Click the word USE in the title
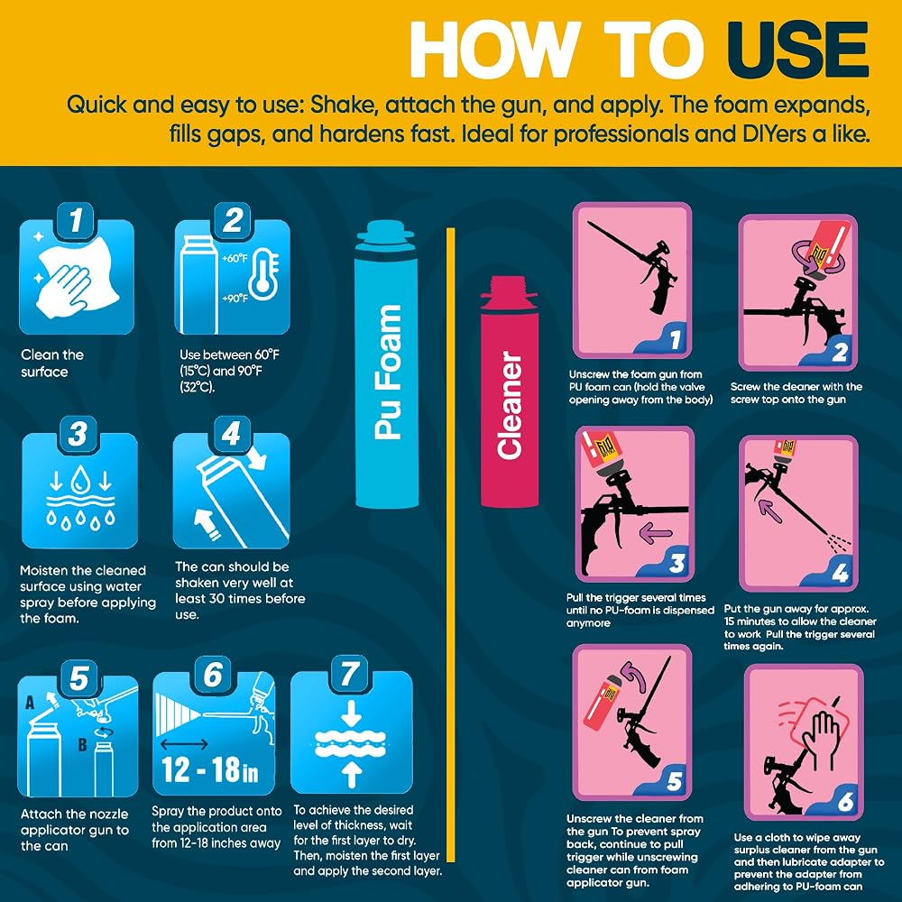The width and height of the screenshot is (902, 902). coord(797,50)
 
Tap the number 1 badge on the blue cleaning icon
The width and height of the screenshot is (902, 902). coord(76,220)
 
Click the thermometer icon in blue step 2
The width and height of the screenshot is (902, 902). coord(262,276)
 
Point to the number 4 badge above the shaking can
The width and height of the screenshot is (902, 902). coord(231,434)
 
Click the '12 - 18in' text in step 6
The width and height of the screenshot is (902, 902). coord(209,769)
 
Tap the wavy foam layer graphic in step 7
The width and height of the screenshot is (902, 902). coord(351,743)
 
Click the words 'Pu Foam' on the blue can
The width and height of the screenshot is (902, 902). coord(387,373)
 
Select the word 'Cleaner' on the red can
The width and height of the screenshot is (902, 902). coord(510,405)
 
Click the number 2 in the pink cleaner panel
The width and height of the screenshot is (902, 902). coord(840,352)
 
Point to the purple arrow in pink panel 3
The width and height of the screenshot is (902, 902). coord(656,533)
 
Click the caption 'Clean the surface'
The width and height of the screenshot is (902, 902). coord(52,363)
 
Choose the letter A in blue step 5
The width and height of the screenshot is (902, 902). coord(30,703)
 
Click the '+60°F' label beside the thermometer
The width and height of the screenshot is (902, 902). coord(235,258)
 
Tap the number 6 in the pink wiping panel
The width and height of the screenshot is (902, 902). coord(845,801)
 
